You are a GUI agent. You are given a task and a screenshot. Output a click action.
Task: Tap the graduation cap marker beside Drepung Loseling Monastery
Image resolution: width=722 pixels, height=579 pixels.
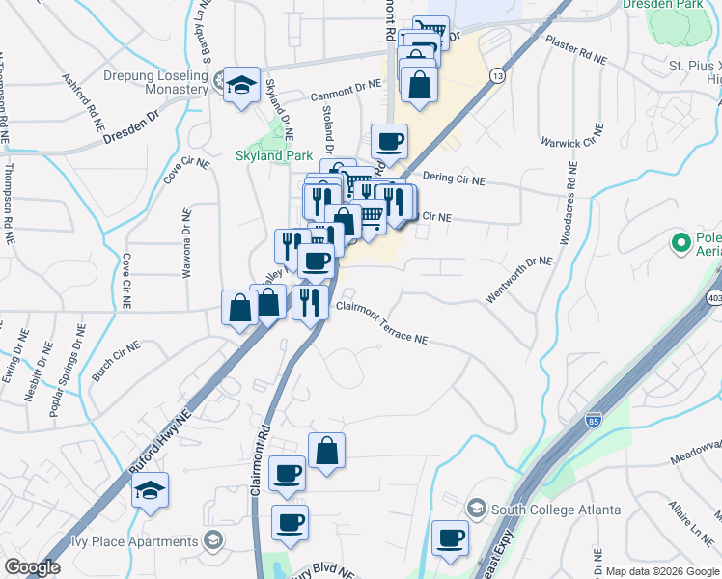click(x=241, y=84)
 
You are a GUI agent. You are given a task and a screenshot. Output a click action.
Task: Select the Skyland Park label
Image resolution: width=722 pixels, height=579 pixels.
click(x=273, y=155)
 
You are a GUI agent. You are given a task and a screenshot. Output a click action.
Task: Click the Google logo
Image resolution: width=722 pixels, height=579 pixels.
click(x=32, y=567)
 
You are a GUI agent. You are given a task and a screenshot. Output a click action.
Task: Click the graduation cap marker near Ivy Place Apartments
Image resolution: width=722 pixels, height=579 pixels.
click(x=150, y=492)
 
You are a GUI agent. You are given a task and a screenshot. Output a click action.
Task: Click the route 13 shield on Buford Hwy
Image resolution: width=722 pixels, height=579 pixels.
click(x=497, y=75)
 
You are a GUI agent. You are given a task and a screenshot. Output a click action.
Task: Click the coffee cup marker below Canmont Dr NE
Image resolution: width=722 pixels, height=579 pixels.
click(x=389, y=142)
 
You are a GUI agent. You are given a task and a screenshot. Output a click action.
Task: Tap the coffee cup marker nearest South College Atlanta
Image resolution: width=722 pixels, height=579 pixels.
click(x=450, y=538)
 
